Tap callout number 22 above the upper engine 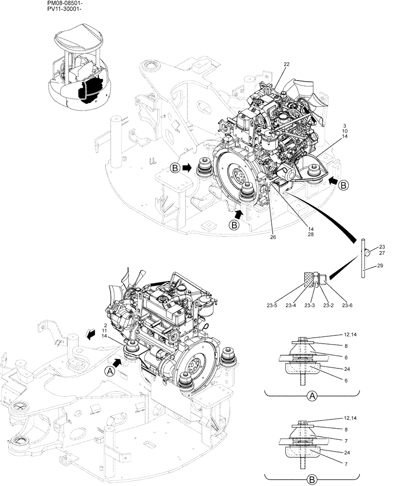point(286,64)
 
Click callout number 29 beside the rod point(379,266)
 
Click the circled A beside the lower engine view point(110,370)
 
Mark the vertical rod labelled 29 point(362,258)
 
